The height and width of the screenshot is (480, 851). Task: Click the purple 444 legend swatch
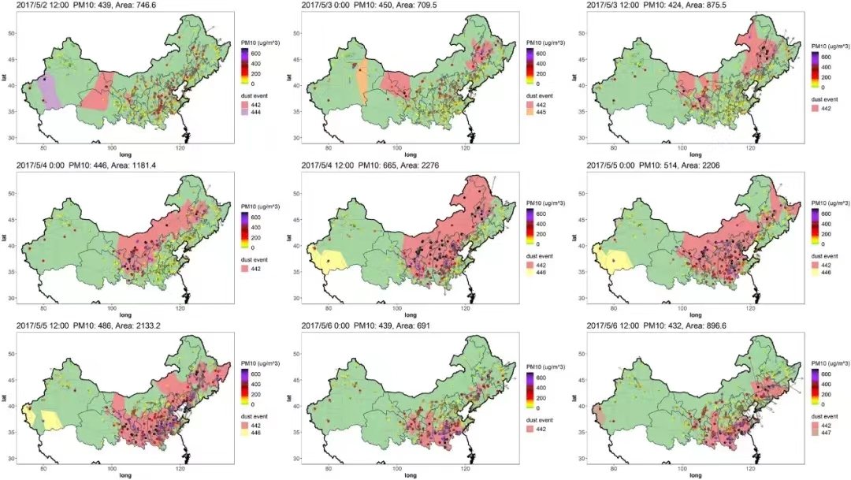click(x=246, y=113)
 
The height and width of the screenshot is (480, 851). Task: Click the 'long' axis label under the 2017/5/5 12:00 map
click(x=124, y=475)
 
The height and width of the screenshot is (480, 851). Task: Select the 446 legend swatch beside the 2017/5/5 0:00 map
click(x=816, y=273)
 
